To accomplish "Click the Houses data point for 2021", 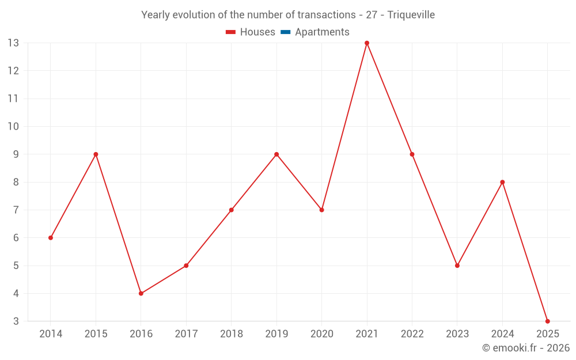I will point(367,43).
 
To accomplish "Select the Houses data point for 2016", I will point(141,293).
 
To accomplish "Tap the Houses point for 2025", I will point(547,321).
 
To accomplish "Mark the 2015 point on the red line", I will point(96,154).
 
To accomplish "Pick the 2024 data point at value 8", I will point(502,182).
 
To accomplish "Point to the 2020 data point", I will point(321,210).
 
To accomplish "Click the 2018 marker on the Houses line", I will point(231,210).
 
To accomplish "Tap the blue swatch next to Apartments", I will point(286,32).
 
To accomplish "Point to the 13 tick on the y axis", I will point(13,43).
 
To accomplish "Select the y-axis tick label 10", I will point(13,127).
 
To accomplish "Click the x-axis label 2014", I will point(51,334).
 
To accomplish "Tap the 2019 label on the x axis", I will point(276,334).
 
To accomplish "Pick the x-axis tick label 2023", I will point(457,334).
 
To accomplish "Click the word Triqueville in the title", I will point(411,15).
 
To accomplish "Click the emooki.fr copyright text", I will point(526,348).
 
